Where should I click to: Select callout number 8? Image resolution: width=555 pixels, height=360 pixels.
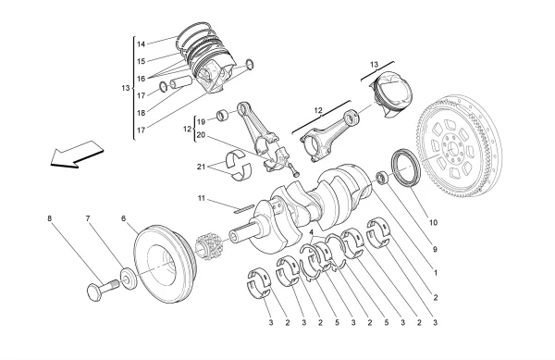[50, 219]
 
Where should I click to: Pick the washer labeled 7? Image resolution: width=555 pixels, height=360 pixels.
[125, 277]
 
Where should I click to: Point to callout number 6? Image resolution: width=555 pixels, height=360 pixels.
[123, 219]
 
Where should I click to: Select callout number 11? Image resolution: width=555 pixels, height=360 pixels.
[200, 198]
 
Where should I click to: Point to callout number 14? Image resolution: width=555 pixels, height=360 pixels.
[142, 43]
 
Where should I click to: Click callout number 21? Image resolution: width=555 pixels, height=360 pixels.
[202, 166]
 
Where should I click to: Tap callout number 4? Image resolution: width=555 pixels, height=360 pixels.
[312, 233]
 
